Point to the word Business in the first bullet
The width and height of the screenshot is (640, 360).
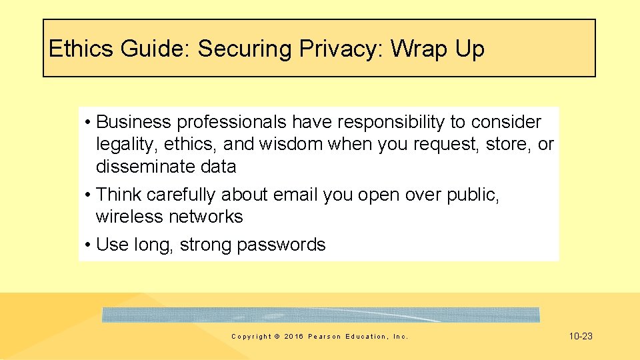click(x=133, y=122)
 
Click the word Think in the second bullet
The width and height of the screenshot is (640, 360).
click(x=119, y=195)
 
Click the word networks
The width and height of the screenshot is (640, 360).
click(x=205, y=217)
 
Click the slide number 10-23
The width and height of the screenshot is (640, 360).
click(x=581, y=336)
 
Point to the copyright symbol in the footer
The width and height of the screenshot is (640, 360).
click(x=277, y=337)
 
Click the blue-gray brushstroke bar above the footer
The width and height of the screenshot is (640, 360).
click(x=321, y=315)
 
